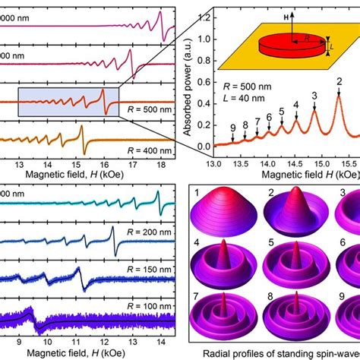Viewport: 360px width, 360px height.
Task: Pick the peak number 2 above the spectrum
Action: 339,81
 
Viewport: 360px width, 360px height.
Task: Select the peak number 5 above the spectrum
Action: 282,112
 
